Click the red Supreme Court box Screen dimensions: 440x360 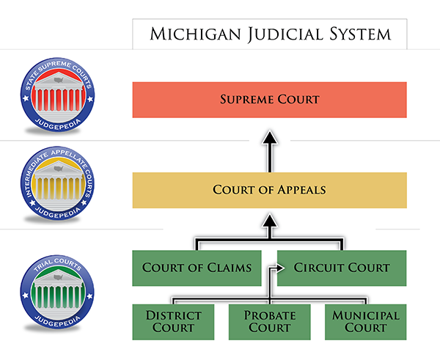coord(269,100)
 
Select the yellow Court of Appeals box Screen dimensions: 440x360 coord(269,190)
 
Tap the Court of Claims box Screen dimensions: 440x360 coord(197,268)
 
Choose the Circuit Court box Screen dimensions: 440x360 coord(342,268)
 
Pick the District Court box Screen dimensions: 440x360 coord(173,322)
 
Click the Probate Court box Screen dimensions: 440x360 coord(269,322)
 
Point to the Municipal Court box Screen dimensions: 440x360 coord(366,322)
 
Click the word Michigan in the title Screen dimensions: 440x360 coord(195,34)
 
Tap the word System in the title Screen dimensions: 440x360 coord(360,34)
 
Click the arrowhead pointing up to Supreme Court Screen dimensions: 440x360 coord(270,137)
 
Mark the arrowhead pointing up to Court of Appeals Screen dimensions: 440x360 coord(270,220)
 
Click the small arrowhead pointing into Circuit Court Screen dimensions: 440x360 coord(280,268)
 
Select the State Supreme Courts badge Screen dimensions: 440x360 coord(57,95)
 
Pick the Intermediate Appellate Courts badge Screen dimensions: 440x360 coord(57,183)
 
